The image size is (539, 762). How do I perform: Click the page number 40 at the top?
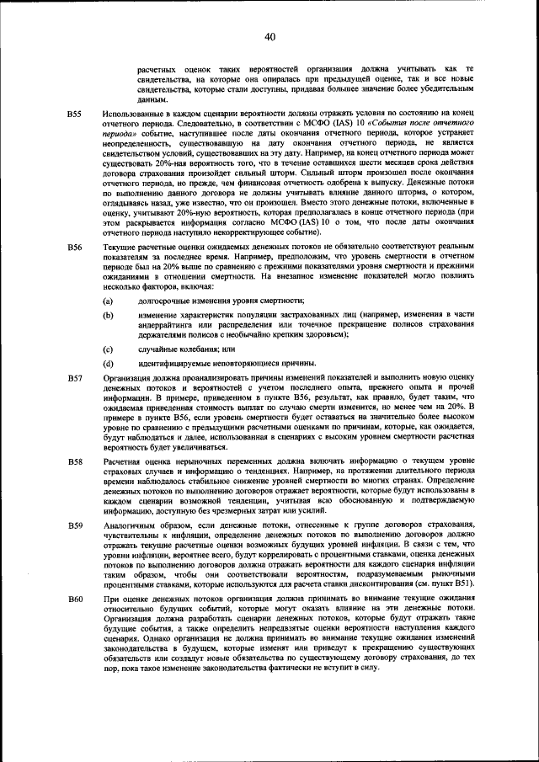[269, 36]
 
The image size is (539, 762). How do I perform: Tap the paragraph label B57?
[74, 380]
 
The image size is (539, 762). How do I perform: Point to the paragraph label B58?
[74, 462]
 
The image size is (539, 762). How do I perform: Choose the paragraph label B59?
[74, 525]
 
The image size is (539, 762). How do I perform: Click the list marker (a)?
[108, 301]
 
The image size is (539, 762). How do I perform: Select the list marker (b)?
[108, 315]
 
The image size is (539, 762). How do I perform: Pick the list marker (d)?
[108, 364]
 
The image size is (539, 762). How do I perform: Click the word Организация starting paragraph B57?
[128, 380]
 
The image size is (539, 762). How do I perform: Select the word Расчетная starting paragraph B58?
[123, 462]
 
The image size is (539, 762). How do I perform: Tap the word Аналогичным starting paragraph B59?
[130, 525]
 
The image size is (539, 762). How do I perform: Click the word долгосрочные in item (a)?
[163, 301]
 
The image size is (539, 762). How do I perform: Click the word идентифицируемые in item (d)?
[173, 364]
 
